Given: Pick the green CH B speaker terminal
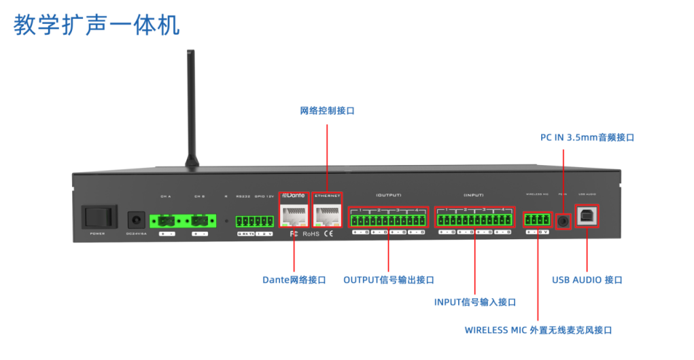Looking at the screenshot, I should pos(200,221).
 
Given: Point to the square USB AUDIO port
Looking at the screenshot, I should pos(586,216).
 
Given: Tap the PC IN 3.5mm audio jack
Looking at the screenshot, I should pos(563,220).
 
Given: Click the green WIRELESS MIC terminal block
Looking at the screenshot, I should pos(536,219).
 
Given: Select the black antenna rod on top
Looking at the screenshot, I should pos(191,109).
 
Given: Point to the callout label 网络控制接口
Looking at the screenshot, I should pos(327,110).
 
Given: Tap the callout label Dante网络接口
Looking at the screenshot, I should pos(294,279).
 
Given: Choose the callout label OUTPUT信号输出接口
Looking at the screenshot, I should pos(388,279).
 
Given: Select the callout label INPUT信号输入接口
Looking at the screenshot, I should pos(474,302).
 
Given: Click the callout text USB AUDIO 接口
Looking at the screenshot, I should pos(587,279).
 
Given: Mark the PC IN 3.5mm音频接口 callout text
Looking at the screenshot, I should pos(587,137).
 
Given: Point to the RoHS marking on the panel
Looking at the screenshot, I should pos(311,234).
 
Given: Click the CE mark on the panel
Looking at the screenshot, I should pos(328,234).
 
